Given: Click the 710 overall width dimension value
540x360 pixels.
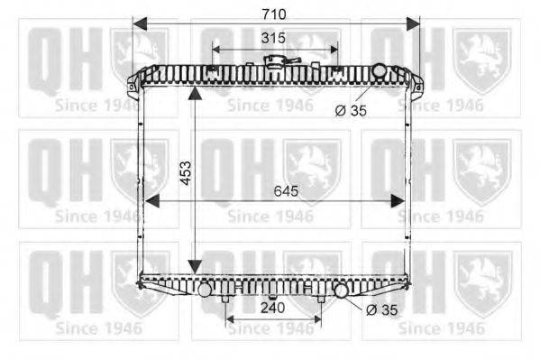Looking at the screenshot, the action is [x=274, y=14].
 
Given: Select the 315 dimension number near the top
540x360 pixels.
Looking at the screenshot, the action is [x=273, y=38].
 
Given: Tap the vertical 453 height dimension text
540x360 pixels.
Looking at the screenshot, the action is [x=186, y=173].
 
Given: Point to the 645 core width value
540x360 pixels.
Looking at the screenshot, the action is [x=286, y=190].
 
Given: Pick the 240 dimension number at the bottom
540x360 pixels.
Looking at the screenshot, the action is [x=273, y=308].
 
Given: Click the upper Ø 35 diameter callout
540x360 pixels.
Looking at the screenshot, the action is [x=351, y=111].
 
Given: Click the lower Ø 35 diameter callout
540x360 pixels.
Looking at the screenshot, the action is [x=382, y=310].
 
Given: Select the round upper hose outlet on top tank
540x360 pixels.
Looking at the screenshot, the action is [x=380, y=70].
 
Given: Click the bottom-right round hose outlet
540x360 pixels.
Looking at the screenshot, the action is [x=341, y=291].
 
